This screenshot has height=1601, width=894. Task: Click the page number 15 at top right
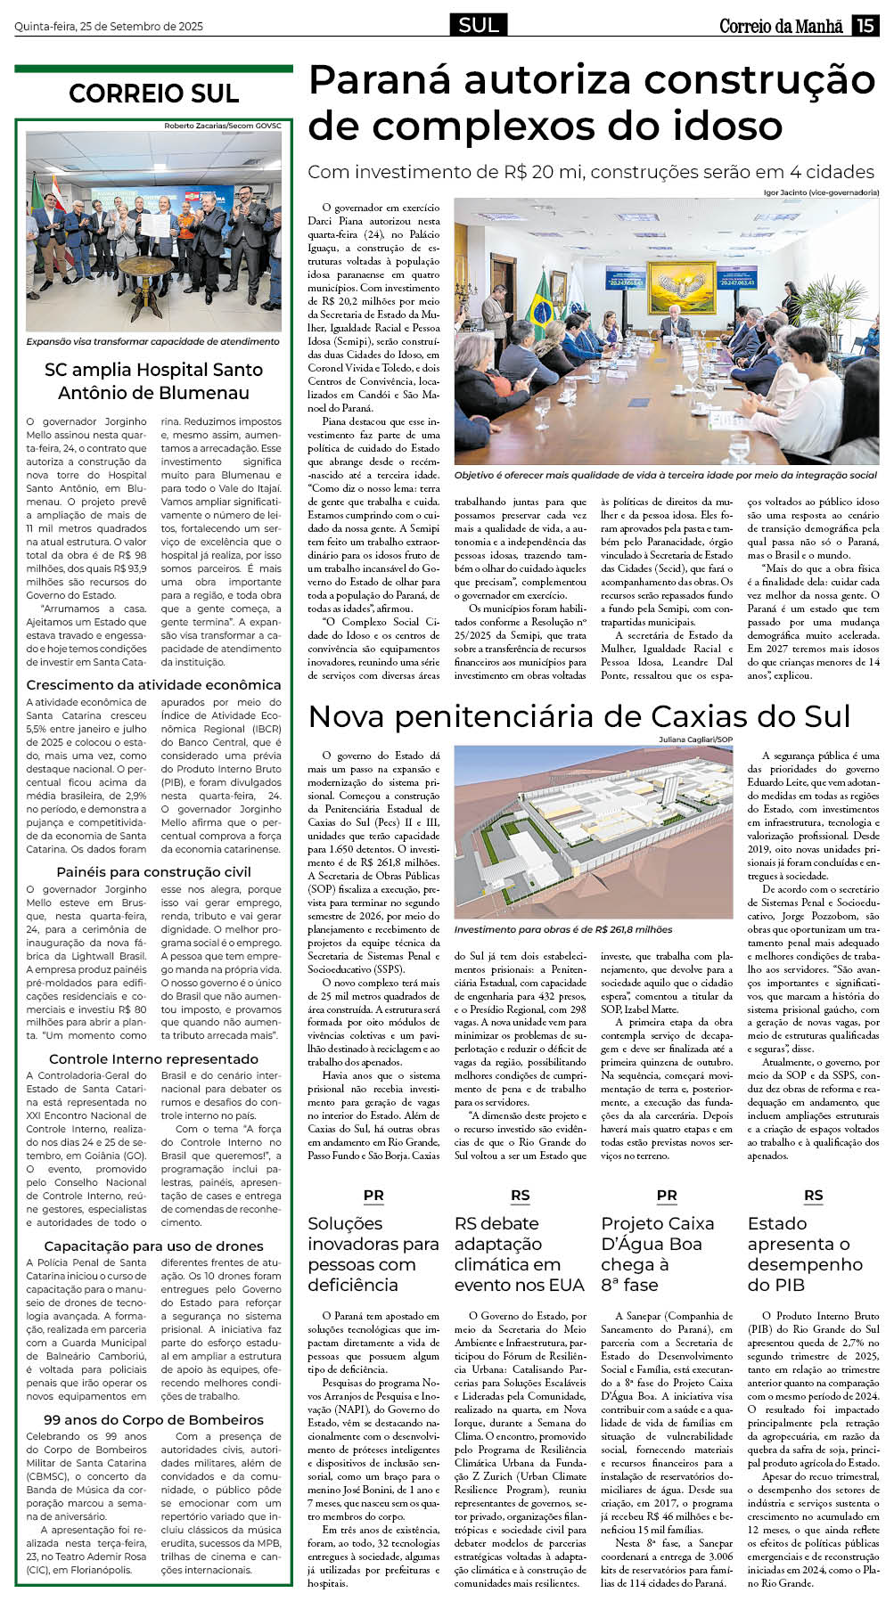(x=865, y=26)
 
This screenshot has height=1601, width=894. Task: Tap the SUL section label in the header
(x=479, y=26)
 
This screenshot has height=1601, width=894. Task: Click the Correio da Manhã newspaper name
(x=781, y=27)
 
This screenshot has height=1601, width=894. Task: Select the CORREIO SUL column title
(x=153, y=94)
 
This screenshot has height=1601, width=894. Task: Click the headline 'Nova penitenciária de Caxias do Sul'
(x=579, y=716)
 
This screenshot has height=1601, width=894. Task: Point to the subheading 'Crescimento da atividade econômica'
(x=153, y=685)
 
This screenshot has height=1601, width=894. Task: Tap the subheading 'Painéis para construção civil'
(x=153, y=872)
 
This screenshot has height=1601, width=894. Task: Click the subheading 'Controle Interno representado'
(x=153, y=1059)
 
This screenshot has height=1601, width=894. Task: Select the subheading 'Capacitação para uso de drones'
(x=153, y=1246)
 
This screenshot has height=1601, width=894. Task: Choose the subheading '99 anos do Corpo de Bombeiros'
(x=153, y=1420)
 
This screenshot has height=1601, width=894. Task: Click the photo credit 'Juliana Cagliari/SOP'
(x=695, y=739)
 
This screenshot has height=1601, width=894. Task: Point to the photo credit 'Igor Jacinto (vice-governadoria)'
(x=821, y=192)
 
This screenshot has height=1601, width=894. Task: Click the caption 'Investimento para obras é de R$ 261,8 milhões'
(x=563, y=929)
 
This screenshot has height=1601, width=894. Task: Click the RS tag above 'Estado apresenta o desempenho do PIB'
(x=813, y=1196)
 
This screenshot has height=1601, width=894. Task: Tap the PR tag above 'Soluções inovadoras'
(x=373, y=1196)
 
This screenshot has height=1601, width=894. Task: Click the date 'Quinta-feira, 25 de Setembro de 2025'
(x=109, y=27)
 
